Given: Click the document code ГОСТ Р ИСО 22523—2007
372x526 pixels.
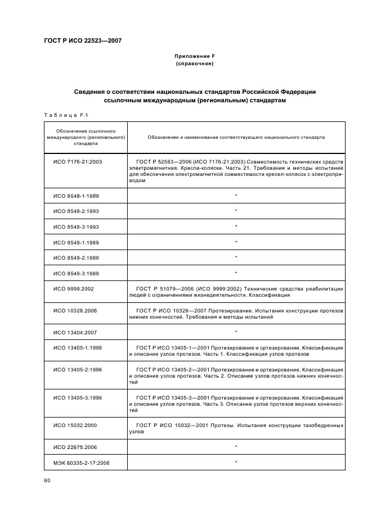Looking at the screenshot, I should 83,40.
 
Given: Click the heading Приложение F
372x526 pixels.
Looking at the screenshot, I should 195,56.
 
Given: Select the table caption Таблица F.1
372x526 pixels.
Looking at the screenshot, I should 66,115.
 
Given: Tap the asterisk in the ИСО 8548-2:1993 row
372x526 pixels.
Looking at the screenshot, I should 236,211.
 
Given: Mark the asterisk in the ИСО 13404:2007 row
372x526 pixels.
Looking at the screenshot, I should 236,332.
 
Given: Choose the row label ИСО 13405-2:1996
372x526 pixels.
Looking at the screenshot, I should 78,369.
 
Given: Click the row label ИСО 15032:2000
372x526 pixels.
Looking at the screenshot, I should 75,425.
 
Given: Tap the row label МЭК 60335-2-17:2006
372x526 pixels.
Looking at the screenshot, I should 80,462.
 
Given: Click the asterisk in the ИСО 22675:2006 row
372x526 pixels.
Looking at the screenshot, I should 236,447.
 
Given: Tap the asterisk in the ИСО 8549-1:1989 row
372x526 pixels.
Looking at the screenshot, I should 236,242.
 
